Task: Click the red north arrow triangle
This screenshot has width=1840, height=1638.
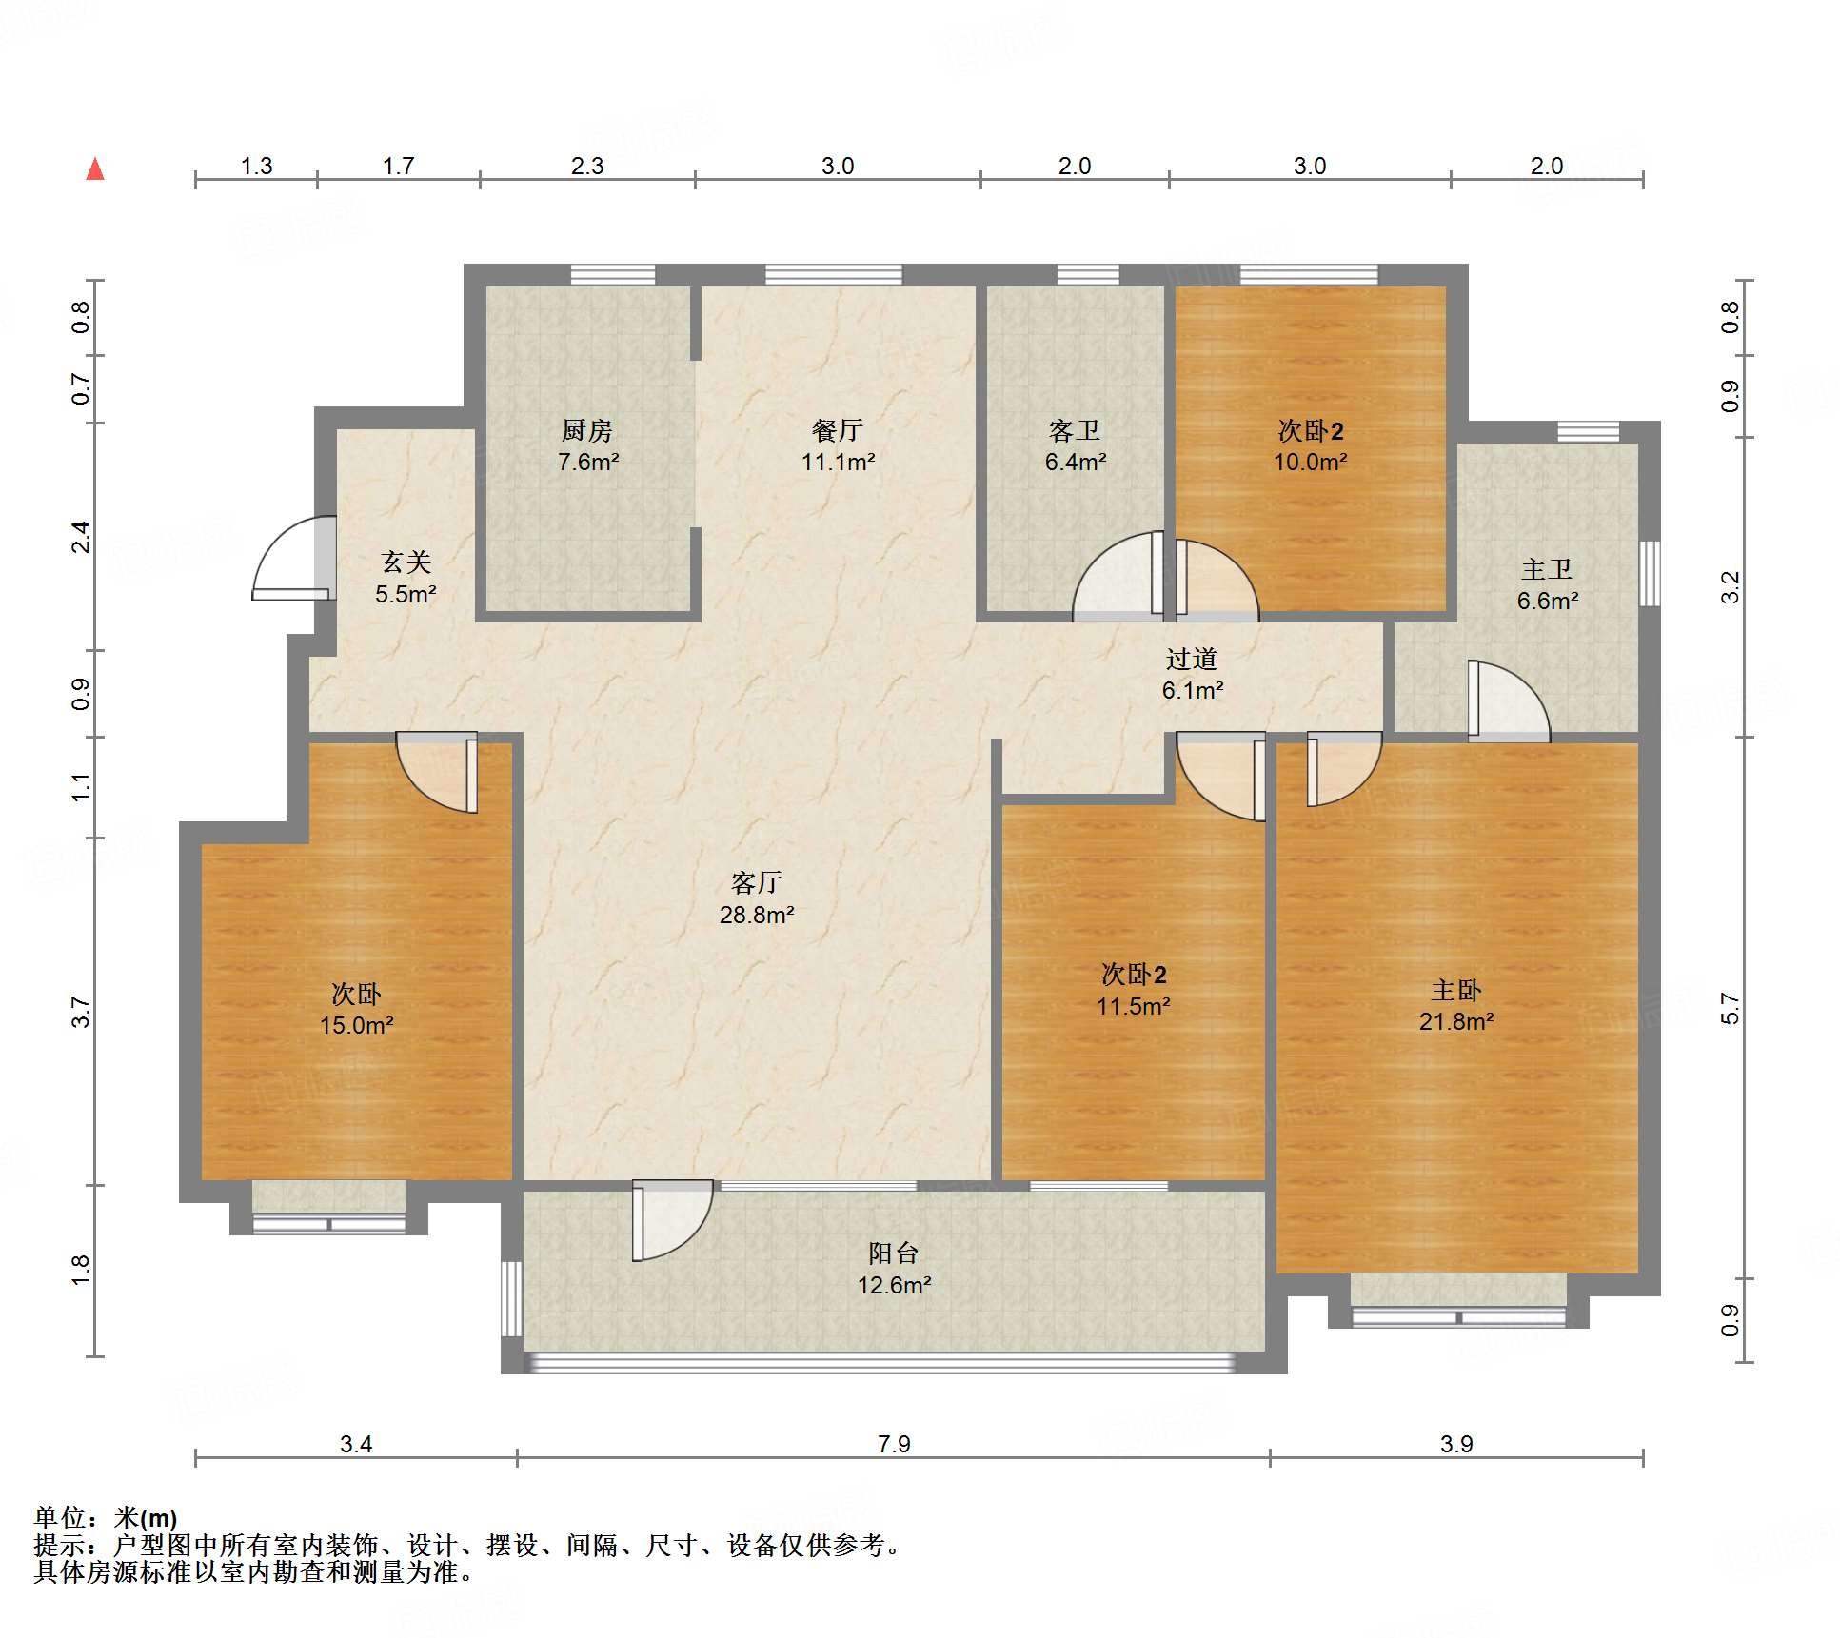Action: pos(95,169)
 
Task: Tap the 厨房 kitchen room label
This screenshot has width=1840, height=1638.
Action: pos(587,431)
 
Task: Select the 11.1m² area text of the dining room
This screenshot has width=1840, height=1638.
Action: pos(838,462)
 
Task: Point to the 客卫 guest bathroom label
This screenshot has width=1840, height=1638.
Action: pos(1075,431)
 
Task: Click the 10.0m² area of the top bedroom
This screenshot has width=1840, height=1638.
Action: pos(1311,462)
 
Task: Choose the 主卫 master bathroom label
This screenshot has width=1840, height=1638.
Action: pos(1547,569)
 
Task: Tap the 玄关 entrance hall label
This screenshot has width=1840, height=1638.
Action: pos(406,562)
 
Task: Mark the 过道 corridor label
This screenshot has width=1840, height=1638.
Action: pos(1192,659)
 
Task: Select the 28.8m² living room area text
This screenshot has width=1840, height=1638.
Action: pos(757,915)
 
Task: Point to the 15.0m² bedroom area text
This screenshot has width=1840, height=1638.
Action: pos(357,1025)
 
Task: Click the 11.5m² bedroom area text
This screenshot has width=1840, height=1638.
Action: pos(1133,1006)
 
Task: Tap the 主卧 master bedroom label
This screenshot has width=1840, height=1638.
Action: pos(1456,991)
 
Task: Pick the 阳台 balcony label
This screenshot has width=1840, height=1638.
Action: pos(894,1253)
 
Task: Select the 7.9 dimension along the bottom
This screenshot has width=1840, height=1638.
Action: pos(894,1444)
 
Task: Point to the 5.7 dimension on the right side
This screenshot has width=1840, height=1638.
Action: pos(1730,1008)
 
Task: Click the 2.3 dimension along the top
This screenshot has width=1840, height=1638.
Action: pos(587,166)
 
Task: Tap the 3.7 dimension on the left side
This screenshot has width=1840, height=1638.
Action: pos(81,1012)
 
